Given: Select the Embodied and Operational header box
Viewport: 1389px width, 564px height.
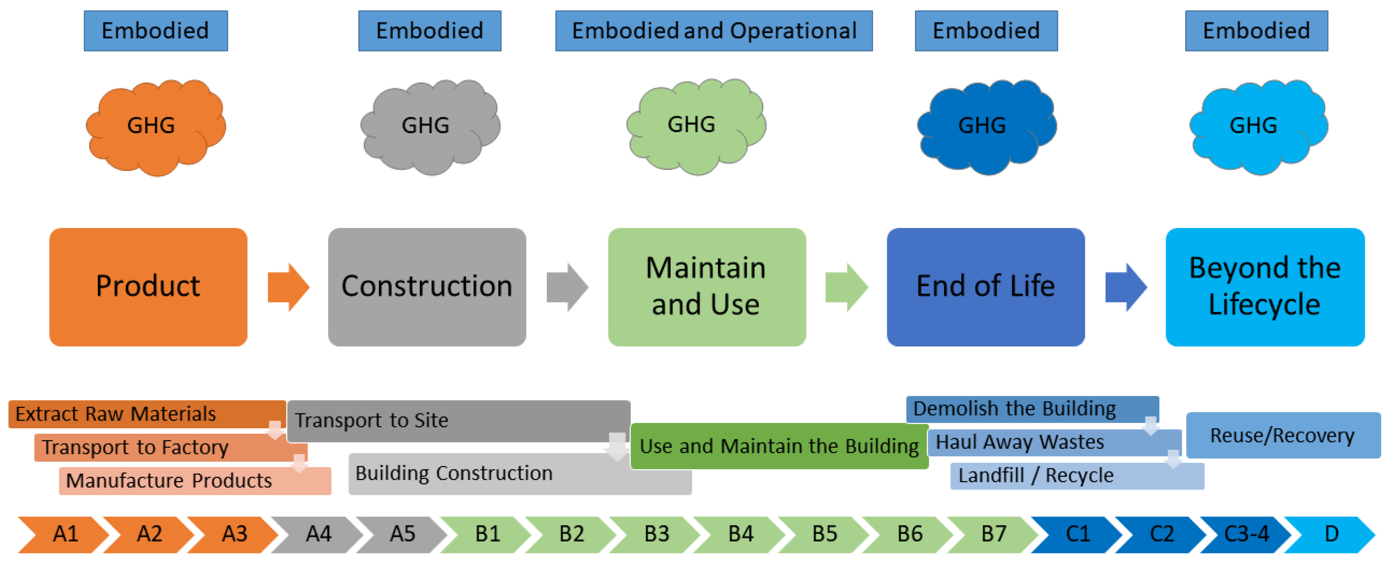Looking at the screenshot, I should click(x=713, y=31).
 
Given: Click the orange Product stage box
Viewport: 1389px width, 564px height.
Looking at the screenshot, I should click(x=148, y=286).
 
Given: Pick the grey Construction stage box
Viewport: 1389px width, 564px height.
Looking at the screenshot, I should click(x=426, y=286).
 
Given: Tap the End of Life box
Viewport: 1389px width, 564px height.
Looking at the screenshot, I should click(x=985, y=286).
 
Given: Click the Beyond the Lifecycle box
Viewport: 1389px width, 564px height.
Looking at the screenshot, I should click(x=1264, y=286).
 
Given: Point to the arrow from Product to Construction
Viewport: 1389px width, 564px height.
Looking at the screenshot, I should click(x=289, y=287).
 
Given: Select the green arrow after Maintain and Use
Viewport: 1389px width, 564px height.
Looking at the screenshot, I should click(x=846, y=287).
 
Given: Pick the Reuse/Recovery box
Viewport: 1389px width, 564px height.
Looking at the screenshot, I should click(x=1282, y=435).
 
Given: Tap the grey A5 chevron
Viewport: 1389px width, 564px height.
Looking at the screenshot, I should click(x=402, y=534).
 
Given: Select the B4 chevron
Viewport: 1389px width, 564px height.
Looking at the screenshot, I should click(x=740, y=534).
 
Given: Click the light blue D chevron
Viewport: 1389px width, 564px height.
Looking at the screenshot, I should click(x=1329, y=534).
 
